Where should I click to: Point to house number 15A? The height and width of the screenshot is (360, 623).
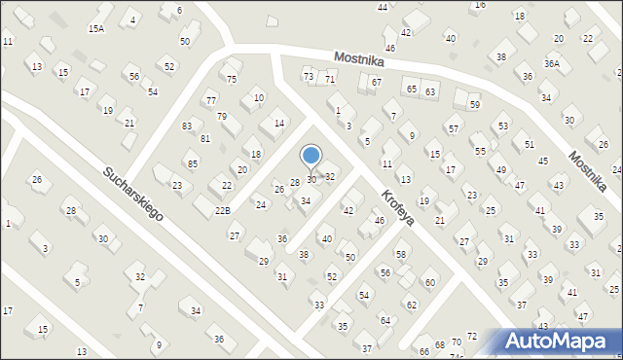pyautogui.click(x=96, y=29)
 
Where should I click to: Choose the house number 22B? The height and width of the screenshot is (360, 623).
pyautogui.click(x=223, y=210)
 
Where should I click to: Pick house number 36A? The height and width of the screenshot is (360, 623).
pyautogui.click(x=552, y=64)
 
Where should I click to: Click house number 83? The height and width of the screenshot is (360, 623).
pyautogui.click(x=187, y=126)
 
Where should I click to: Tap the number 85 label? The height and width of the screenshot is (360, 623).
pyautogui.click(x=193, y=163)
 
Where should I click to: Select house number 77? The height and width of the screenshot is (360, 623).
pyautogui.click(x=211, y=100)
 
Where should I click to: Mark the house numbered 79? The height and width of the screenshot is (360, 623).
pyautogui.click(x=222, y=117)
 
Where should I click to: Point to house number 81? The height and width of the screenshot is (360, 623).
pyautogui.click(x=205, y=139)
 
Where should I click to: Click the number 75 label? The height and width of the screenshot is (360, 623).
pyautogui.click(x=232, y=80)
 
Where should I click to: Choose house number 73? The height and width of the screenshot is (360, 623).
pyautogui.click(x=309, y=76)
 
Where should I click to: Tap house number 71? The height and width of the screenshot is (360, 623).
pyautogui.click(x=330, y=79)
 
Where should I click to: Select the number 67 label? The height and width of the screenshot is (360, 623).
pyautogui.click(x=376, y=83)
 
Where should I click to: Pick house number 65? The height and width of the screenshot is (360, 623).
pyautogui.click(x=412, y=89)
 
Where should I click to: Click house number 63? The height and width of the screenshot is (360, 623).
pyautogui.click(x=430, y=91)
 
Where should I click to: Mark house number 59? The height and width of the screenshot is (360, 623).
pyautogui.click(x=474, y=104)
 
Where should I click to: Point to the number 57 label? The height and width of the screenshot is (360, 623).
pyautogui.click(x=453, y=129)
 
